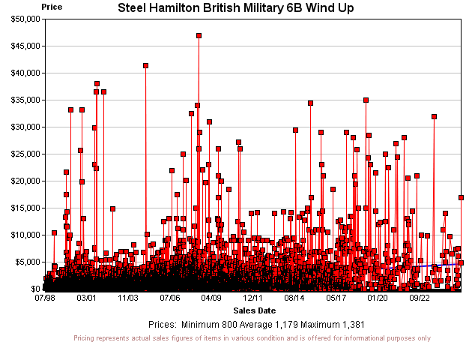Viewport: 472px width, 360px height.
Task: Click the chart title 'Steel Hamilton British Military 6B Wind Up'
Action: pos(236,7)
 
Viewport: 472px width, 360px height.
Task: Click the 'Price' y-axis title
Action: pos(52,6)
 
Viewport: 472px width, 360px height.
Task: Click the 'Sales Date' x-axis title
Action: pos(254,310)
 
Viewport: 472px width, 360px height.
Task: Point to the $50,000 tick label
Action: pos(22,19)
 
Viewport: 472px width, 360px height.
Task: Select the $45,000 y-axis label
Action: pos(22,46)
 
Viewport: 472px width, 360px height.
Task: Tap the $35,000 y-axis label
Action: pos(22,100)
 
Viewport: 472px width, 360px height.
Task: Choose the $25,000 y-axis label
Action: pos(22,154)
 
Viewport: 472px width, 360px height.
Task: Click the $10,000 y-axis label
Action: pos(22,235)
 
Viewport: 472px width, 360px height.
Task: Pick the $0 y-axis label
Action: pos(32,289)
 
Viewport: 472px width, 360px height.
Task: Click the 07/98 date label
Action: pos(45,298)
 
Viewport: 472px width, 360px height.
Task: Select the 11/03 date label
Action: pos(128,298)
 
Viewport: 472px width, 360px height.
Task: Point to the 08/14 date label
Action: pos(294,298)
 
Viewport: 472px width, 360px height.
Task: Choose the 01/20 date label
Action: pos(378,298)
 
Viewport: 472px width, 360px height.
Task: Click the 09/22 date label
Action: pos(419,298)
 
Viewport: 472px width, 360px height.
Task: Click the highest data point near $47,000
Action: pos(199,35)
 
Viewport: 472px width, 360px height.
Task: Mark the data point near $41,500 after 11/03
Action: pos(145,65)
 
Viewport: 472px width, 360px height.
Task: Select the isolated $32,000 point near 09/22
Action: pos(434,116)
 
